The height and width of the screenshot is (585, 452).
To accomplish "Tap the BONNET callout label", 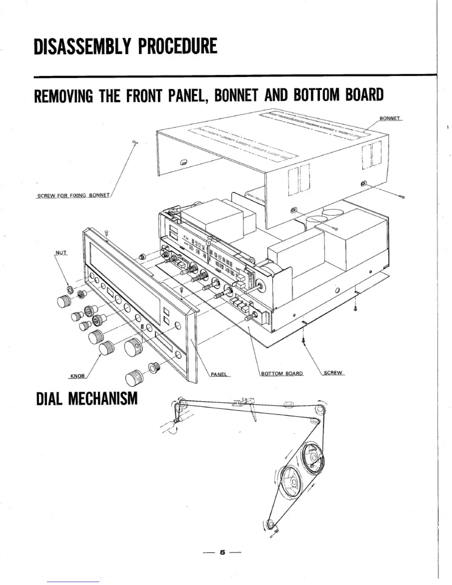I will (x=390, y=119).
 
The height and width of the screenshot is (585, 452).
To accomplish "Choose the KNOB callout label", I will (x=78, y=376).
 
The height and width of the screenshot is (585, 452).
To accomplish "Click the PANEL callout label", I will (x=219, y=374).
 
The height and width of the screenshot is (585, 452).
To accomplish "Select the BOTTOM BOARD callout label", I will (x=282, y=373).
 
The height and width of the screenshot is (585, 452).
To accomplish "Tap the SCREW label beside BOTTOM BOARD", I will (x=333, y=373).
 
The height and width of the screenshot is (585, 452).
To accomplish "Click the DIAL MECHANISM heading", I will (x=87, y=399).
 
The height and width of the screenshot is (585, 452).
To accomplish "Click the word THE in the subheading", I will (x=110, y=95).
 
